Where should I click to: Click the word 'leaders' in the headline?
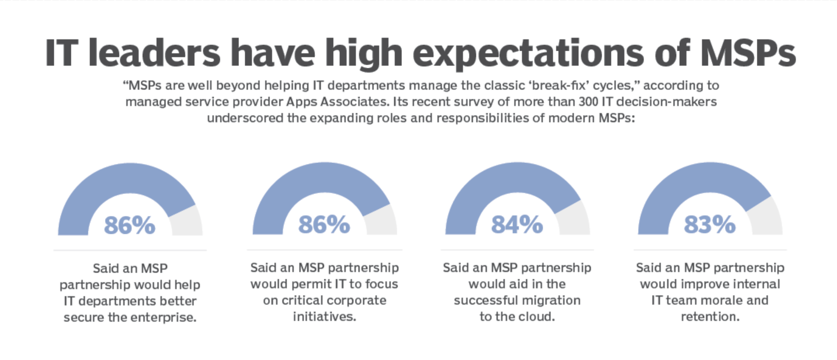(154, 53)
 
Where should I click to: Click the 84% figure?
(517, 224)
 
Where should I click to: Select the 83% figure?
(709, 224)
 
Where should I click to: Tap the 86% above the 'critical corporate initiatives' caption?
(324, 224)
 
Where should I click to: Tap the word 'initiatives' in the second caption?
(324, 317)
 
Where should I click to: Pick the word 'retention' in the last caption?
(709, 317)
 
